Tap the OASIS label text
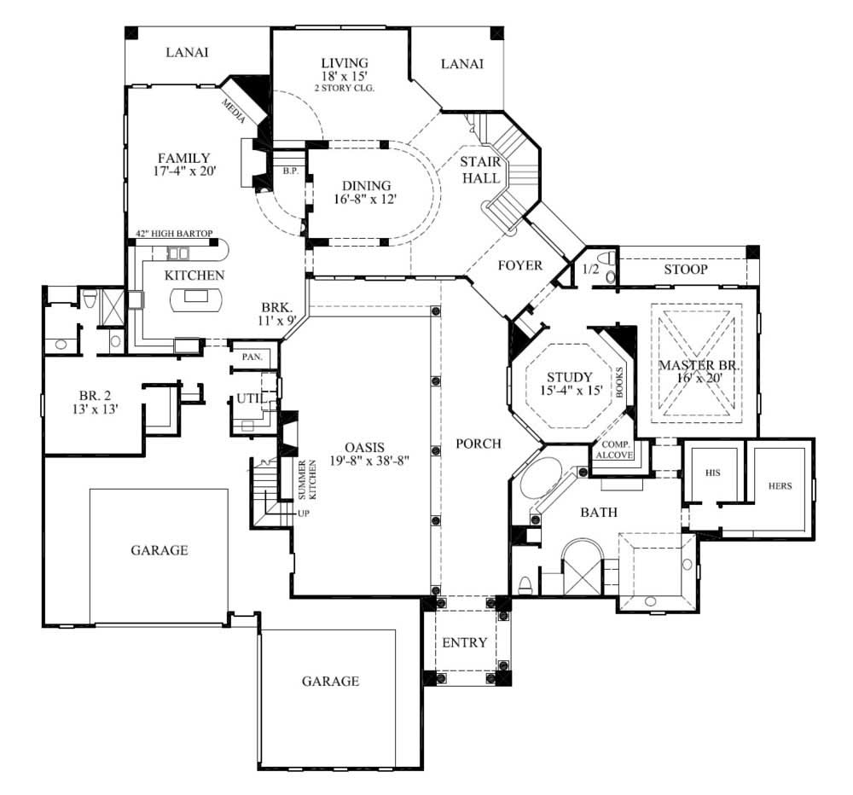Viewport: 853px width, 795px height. (x=365, y=447)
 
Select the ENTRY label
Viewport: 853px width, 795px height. (x=465, y=642)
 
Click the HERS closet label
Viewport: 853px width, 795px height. (x=780, y=485)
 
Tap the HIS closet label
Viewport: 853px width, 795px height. (x=714, y=471)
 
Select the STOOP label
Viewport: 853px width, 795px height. (x=686, y=270)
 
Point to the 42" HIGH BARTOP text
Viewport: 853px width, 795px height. (x=174, y=233)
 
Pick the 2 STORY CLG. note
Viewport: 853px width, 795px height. (x=345, y=88)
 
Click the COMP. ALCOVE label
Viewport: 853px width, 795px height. (x=615, y=450)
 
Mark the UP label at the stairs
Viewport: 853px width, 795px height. (x=303, y=514)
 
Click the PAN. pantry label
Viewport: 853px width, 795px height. (x=252, y=357)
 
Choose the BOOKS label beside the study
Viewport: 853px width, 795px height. (x=620, y=379)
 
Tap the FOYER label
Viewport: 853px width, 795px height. (x=520, y=265)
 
